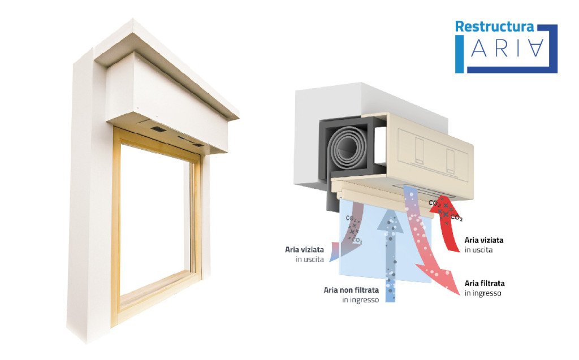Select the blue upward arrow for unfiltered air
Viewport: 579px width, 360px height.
(390, 254)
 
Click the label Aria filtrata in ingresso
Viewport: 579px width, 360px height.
(485, 288)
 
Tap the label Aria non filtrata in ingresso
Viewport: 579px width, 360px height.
(351, 294)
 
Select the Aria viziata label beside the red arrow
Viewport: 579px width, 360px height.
(483, 244)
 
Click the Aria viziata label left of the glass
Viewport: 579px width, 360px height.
(304, 254)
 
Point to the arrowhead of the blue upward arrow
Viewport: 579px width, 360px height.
(390, 218)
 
